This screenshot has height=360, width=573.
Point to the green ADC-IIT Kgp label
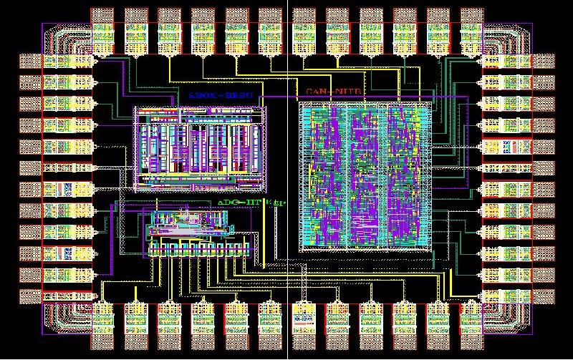coord(251,203)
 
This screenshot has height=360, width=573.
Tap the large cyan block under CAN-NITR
coord(366,176)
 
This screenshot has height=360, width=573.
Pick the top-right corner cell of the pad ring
coord(509,43)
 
